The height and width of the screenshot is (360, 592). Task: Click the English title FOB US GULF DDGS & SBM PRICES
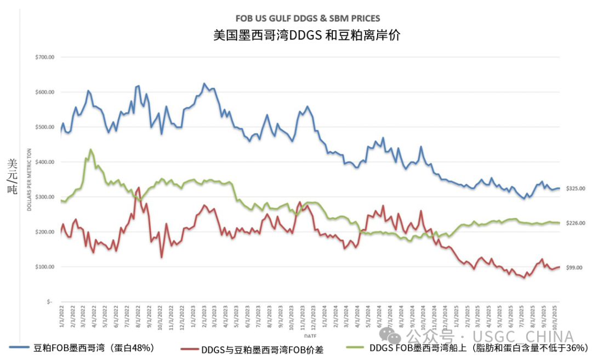pos(307,19)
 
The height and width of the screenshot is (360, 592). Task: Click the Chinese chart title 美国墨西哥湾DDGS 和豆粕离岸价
pos(307,36)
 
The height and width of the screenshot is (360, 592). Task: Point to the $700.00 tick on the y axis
pos(44,57)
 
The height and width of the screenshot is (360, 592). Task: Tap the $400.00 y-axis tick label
pos(44,162)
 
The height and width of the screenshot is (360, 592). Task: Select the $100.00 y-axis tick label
pos(44,267)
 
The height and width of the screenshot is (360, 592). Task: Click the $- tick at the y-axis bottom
pos(49,302)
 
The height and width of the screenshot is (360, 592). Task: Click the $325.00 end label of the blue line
pos(576,188)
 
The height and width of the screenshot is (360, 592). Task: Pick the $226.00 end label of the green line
pos(576,223)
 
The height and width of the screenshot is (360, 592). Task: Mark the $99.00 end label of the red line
pos(574,267)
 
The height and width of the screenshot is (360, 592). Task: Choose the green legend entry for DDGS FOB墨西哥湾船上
pos(471,347)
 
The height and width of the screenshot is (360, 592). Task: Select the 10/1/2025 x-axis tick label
pos(556,318)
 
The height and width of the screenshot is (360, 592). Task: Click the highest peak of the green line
pos(90,149)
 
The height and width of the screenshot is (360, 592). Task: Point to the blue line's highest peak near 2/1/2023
pos(204,83)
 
